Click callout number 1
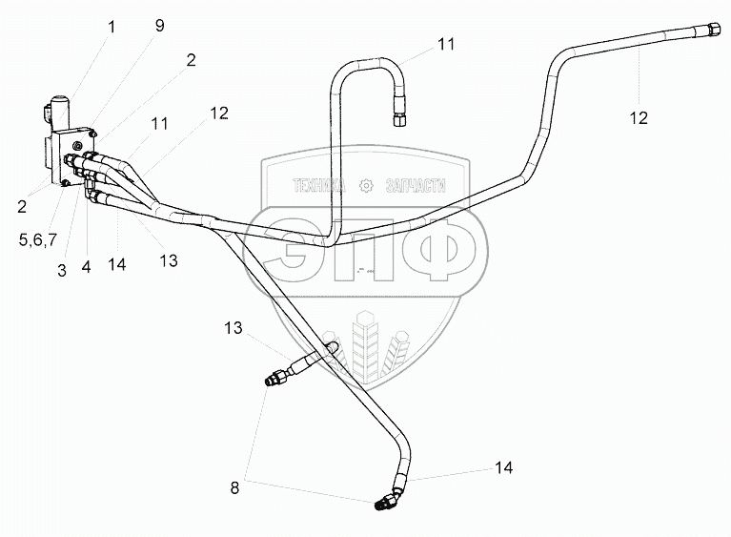coord(112,28)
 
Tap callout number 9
coord(159,26)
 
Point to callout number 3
coord(62,270)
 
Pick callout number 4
coord(86,268)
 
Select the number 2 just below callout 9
coord(191,59)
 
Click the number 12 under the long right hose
coord(638,117)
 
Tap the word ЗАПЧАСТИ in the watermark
coord(416,185)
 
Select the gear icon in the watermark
coord(365,185)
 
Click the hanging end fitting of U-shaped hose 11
coord(397,118)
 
